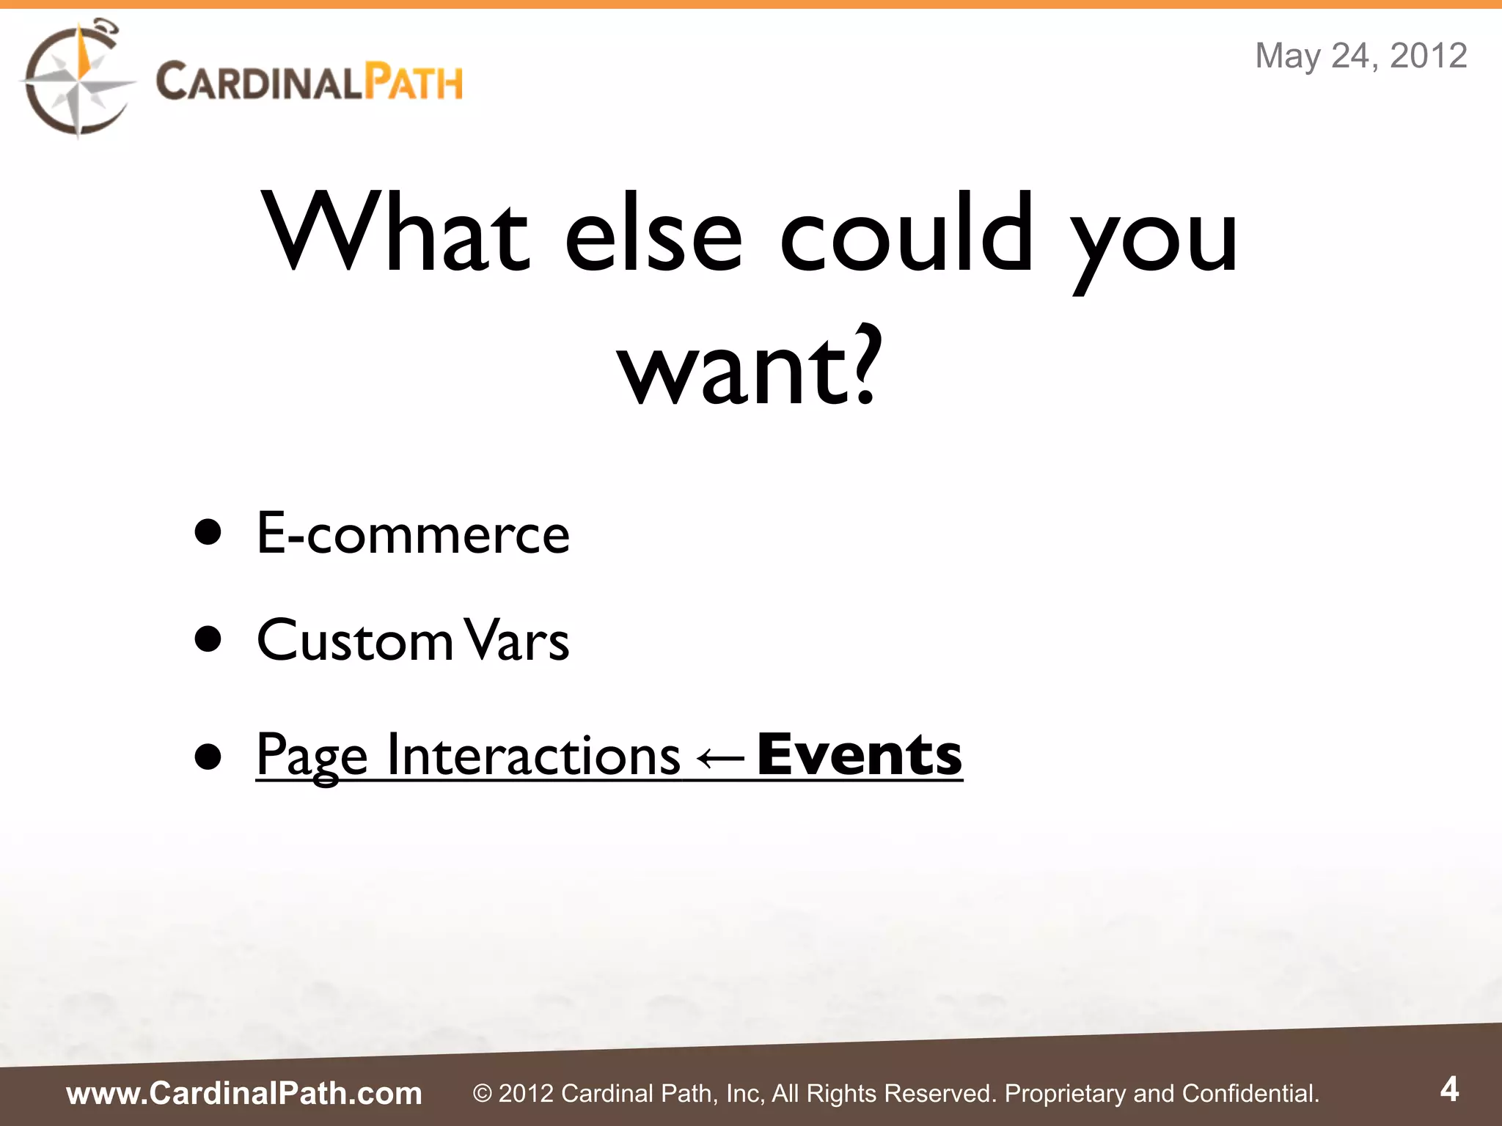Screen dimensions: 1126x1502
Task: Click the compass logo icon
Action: (76, 79)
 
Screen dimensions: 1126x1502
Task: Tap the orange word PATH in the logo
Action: (414, 81)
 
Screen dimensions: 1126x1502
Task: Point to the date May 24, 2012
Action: (1360, 56)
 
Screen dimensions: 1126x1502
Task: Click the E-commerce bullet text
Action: (413, 533)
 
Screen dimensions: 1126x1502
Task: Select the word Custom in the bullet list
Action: (355, 640)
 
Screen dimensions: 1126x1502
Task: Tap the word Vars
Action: (518, 640)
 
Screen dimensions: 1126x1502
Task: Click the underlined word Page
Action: (312, 756)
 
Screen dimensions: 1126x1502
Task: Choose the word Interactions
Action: (533, 754)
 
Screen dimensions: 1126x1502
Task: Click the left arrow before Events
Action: (718, 756)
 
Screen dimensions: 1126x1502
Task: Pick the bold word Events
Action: (859, 754)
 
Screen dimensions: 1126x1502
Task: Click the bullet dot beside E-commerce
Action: (208, 533)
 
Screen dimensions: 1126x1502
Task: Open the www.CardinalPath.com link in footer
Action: (244, 1093)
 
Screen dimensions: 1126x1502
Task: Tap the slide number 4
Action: (1449, 1089)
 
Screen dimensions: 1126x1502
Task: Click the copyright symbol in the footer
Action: (482, 1094)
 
